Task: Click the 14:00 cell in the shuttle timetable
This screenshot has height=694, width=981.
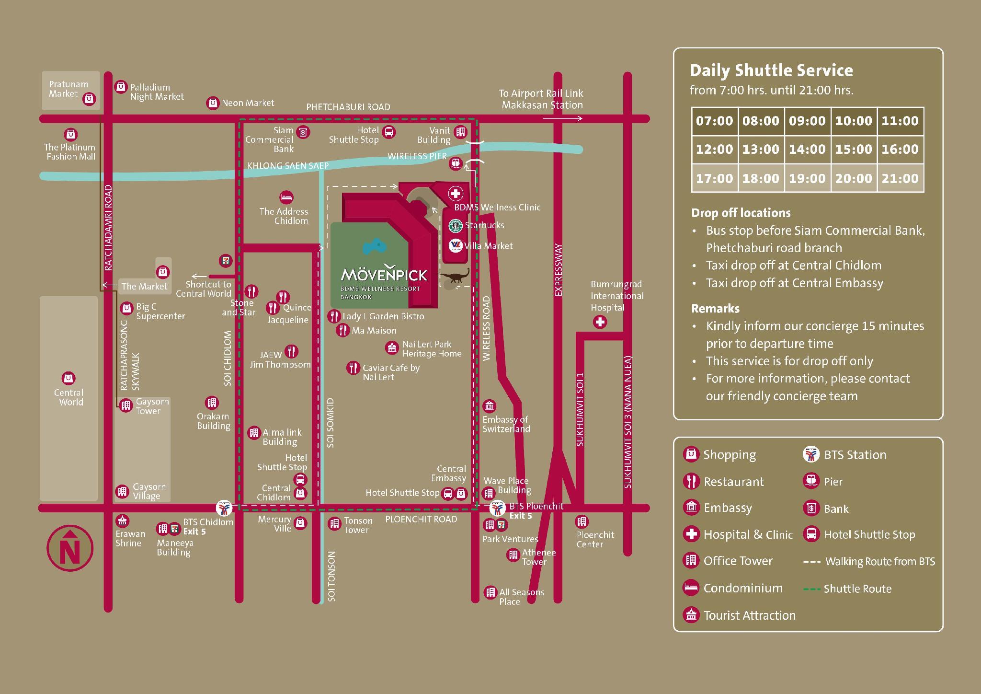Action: point(807,150)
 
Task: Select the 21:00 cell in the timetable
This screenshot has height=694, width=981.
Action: point(900,178)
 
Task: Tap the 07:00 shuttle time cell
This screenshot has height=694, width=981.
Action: point(714,121)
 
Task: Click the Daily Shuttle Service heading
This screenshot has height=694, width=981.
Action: point(771,70)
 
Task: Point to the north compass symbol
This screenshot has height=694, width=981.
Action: point(70,548)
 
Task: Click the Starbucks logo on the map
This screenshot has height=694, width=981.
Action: point(455,225)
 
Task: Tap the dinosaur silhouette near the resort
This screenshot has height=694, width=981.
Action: point(454,278)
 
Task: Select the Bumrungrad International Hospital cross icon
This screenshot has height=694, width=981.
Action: point(600,322)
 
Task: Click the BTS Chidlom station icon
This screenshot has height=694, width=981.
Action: point(224,508)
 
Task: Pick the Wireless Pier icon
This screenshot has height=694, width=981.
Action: point(455,163)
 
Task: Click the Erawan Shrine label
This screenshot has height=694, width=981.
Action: point(130,538)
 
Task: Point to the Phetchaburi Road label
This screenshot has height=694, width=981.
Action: point(348,107)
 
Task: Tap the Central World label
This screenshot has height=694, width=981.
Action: point(70,397)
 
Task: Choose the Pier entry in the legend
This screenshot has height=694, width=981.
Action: point(822,481)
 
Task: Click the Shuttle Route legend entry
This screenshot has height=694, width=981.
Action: point(847,589)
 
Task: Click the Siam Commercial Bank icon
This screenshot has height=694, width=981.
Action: point(303,132)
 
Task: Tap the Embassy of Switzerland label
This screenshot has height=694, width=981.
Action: point(506,424)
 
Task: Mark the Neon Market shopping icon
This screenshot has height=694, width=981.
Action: point(213,103)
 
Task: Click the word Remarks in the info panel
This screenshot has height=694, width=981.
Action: point(715,309)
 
